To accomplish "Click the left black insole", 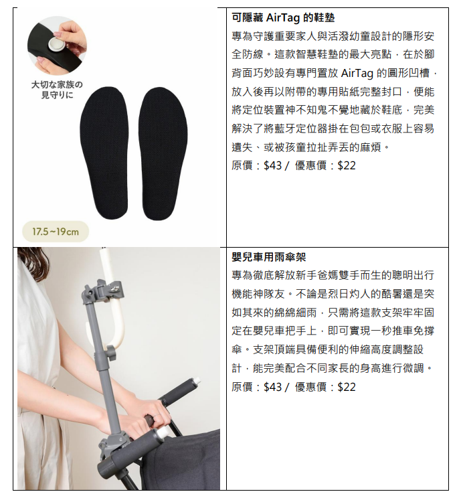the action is click(104, 153).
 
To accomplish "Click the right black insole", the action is click(163, 154).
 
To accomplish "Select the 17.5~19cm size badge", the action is click(56, 232).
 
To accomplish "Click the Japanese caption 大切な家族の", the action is click(57, 84).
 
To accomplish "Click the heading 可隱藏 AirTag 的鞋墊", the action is click(283, 17).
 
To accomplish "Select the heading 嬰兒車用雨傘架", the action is click(269, 257).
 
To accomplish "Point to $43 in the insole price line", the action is click(272, 165).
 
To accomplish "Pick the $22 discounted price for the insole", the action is click(347, 165).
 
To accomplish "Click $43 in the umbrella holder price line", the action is click(272, 387).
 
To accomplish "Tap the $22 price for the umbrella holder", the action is click(347, 387).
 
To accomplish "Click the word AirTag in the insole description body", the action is click(357, 74).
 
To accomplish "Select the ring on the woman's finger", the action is click(156, 415).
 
